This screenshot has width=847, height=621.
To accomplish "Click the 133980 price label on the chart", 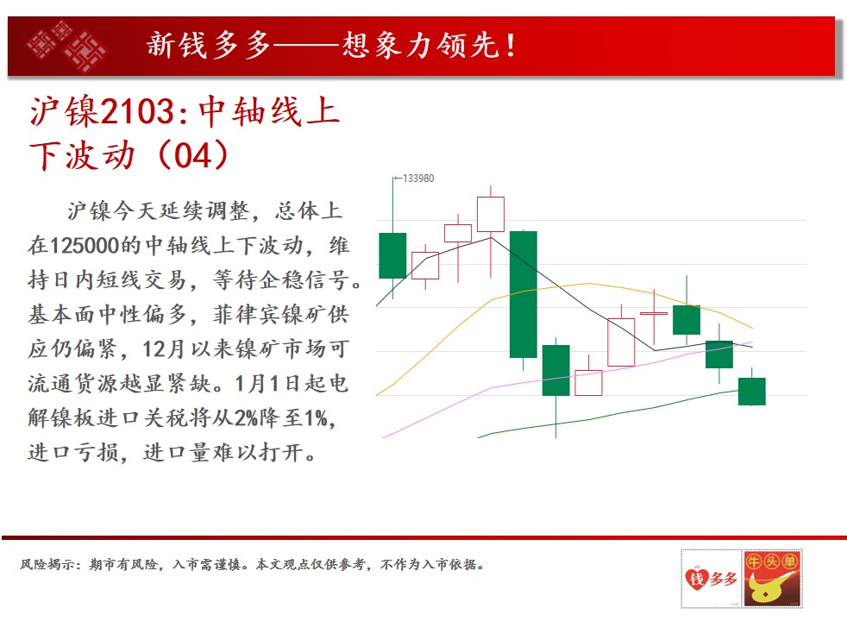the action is pos(418,179).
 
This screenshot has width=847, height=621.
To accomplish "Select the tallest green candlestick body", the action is pos(523,294).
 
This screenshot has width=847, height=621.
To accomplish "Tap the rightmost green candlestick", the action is pos(752,392).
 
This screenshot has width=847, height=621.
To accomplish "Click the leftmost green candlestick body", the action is pos(392,255).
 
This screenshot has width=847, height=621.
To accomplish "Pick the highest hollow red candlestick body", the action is pos(491,215).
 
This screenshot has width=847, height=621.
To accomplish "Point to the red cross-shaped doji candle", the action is pos(654,313).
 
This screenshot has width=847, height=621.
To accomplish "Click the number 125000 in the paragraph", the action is pos(85,246).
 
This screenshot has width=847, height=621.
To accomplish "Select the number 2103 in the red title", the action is pos(137,111).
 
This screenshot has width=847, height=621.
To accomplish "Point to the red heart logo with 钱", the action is pos(696,579).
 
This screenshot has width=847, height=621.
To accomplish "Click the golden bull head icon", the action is pos(771,588).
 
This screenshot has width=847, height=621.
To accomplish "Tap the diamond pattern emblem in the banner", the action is pos(67,46).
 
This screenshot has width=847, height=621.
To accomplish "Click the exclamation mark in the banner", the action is pos(510,46).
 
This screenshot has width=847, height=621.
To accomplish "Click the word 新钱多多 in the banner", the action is pos(209,45).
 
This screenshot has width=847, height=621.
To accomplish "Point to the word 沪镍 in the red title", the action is pos(65,111).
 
